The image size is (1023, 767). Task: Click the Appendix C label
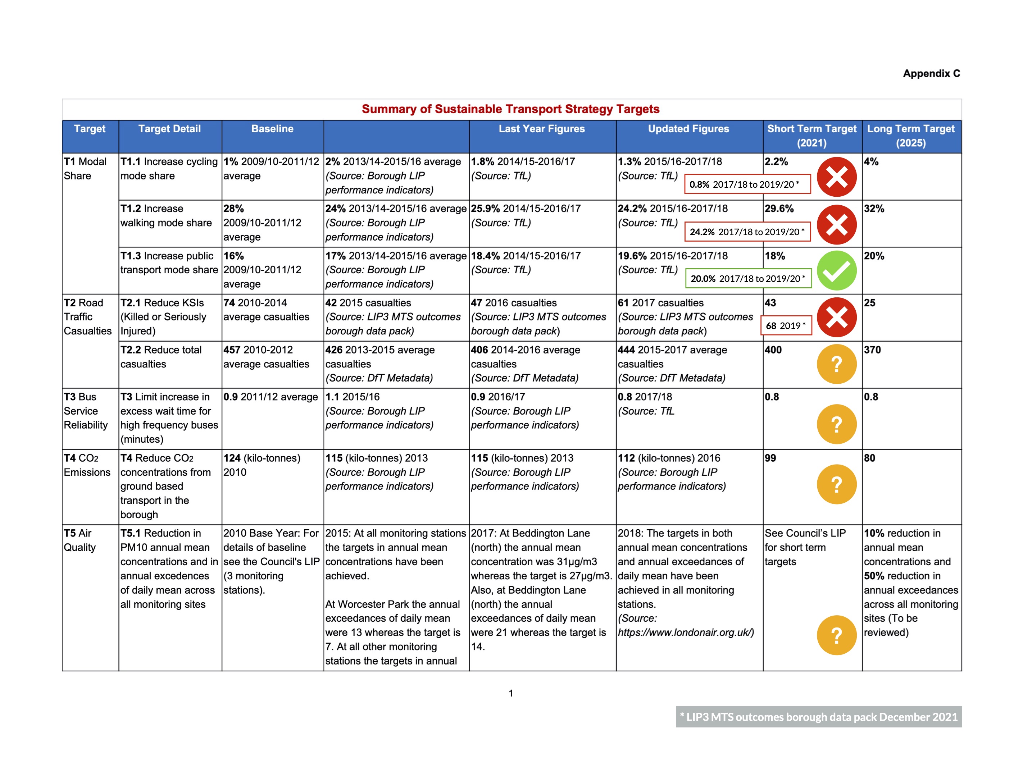point(931,73)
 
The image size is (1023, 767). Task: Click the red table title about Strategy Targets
point(510,109)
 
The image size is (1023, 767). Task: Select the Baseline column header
point(272,129)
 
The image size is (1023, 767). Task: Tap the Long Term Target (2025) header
point(911,136)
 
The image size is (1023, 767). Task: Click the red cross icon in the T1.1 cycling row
point(836,177)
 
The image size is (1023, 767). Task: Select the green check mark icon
point(836,271)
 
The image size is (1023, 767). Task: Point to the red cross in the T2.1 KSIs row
point(836,318)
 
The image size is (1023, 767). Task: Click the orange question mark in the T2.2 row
point(836,364)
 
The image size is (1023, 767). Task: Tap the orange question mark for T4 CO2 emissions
point(836,484)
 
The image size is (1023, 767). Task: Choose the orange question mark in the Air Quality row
point(836,635)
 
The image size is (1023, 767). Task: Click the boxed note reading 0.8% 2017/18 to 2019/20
point(747,184)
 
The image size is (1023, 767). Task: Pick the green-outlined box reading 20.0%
point(747,278)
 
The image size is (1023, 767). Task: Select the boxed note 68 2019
point(786,325)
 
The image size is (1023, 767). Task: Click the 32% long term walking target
point(874,209)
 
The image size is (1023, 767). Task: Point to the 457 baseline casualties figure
point(232,350)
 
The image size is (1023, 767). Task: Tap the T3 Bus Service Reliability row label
point(86,411)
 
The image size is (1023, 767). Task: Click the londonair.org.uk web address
point(685,633)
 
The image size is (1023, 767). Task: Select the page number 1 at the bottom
point(510,693)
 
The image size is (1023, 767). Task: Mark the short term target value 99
point(770,458)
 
